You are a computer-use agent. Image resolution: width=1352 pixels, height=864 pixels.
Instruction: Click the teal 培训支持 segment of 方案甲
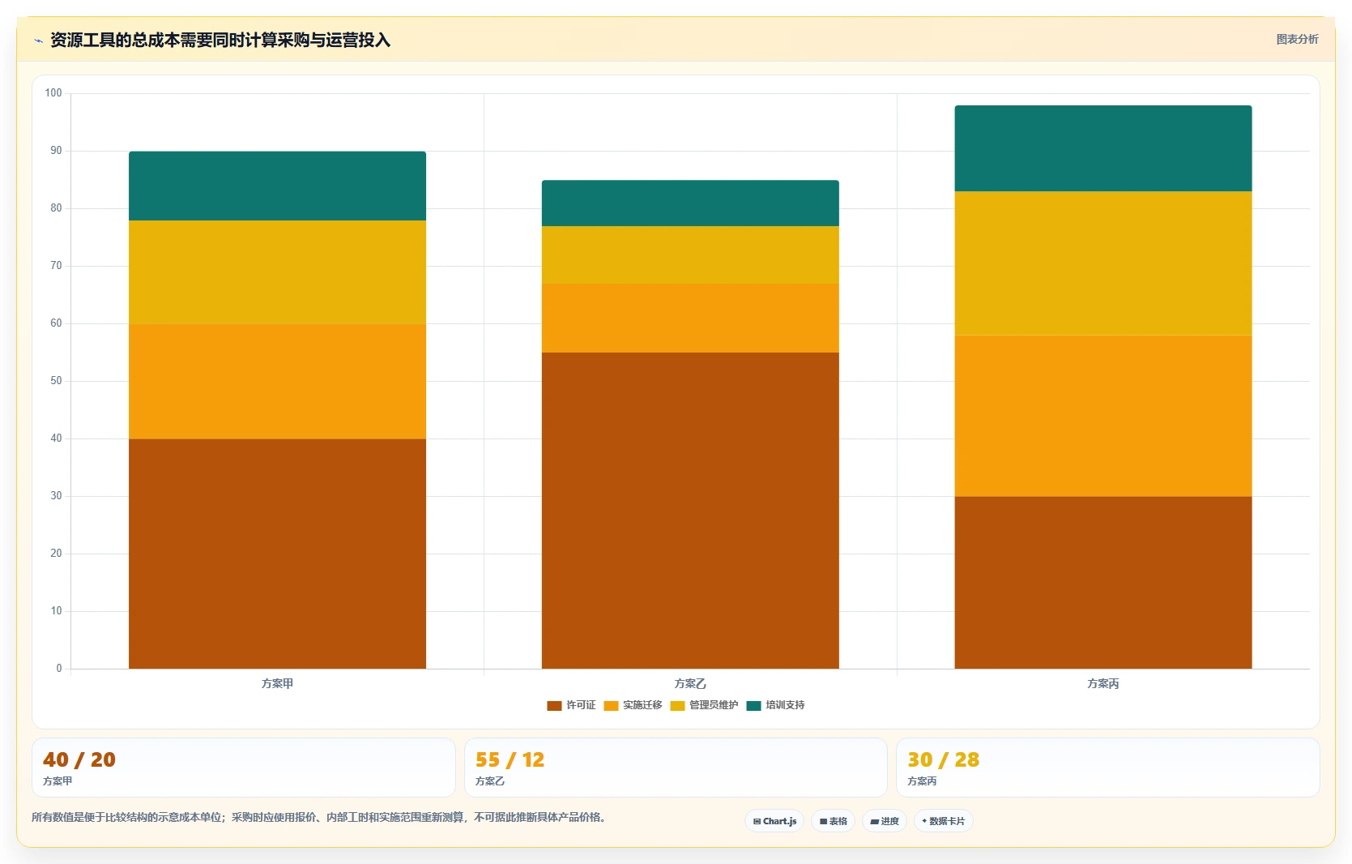277,186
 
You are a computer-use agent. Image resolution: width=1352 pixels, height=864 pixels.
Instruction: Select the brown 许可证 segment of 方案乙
690,510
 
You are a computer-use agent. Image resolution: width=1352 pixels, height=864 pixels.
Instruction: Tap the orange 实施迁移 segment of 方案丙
1102,416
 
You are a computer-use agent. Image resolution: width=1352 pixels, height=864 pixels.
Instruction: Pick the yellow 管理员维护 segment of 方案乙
690,254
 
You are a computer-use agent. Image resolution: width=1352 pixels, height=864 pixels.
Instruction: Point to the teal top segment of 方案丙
1102,148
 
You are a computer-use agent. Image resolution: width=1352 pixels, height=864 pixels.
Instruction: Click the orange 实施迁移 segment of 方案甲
277,382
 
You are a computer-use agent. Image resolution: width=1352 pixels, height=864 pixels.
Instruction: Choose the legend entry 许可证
571,705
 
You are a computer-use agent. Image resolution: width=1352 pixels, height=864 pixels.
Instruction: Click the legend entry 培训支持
775,705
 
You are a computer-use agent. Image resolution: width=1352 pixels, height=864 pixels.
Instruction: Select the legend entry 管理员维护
704,705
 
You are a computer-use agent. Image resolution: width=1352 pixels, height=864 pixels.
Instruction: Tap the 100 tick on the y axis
53,93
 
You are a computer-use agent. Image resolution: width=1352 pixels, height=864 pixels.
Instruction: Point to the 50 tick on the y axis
56,381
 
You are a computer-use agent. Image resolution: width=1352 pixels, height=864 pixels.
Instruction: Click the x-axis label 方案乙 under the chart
690,683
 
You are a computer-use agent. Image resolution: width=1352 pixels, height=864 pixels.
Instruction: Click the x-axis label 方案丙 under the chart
1102,683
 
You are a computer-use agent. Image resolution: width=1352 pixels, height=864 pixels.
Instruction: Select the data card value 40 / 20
79,759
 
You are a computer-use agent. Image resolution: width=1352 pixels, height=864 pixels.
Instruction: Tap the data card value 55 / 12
510,759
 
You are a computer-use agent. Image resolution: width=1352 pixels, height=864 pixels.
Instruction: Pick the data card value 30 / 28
944,759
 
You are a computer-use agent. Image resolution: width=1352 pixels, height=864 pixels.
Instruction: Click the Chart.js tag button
774,821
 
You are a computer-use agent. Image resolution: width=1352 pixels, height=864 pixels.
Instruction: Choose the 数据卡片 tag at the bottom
944,821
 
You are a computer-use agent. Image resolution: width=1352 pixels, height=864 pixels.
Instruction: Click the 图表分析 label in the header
1297,39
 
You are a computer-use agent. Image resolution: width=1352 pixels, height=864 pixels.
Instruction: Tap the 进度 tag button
885,821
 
